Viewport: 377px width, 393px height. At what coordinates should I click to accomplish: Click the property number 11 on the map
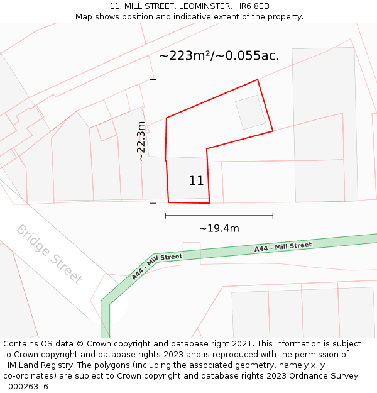pos(196,181)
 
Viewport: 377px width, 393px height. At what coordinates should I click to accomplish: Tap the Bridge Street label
pos(49,254)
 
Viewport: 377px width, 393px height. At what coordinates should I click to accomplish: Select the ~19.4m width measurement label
pos(219,228)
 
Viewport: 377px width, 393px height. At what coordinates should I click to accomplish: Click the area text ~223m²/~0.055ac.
pos(219,55)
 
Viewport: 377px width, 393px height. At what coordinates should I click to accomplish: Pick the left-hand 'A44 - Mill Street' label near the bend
pos(156,265)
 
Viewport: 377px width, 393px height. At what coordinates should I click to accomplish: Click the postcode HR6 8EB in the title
pos(253,6)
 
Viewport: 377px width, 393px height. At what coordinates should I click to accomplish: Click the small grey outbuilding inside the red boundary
pos(251,113)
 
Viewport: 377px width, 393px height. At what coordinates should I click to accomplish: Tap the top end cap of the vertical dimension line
pos(153,80)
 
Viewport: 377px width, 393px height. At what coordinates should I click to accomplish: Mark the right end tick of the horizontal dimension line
pos(273,215)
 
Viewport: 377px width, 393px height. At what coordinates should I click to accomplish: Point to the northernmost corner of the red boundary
pos(258,80)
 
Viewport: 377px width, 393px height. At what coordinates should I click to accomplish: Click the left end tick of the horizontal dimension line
pos(165,215)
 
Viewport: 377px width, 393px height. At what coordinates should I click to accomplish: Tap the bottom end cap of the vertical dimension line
pos(153,203)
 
